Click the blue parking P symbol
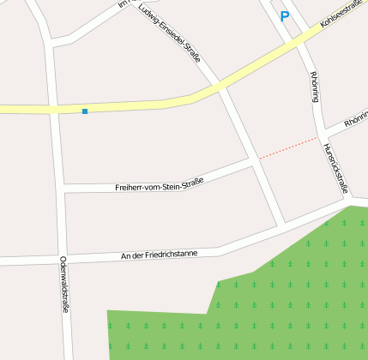[285, 15]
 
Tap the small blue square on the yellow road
[85, 111]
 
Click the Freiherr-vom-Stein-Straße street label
[159, 183]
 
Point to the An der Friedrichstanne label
[159, 255]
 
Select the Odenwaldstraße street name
[64, 285]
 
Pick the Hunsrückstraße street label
[336, 167]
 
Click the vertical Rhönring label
[315, 86]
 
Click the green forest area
[283, 300]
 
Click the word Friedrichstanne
[172, 254]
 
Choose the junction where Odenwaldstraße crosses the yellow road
[54, 109]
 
